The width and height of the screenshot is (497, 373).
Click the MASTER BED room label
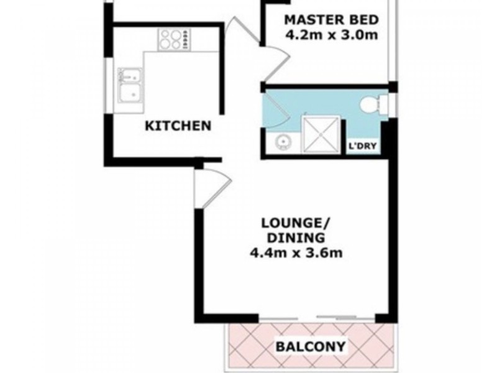click(330, 18)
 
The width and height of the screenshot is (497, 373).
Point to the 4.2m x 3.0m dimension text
click(330, 35)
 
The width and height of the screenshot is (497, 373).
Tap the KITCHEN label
click(178, 126)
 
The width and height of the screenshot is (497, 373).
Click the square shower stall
click(322, 134)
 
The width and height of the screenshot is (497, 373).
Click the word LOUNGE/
click(294, 223)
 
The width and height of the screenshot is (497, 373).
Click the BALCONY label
click(311, 345)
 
